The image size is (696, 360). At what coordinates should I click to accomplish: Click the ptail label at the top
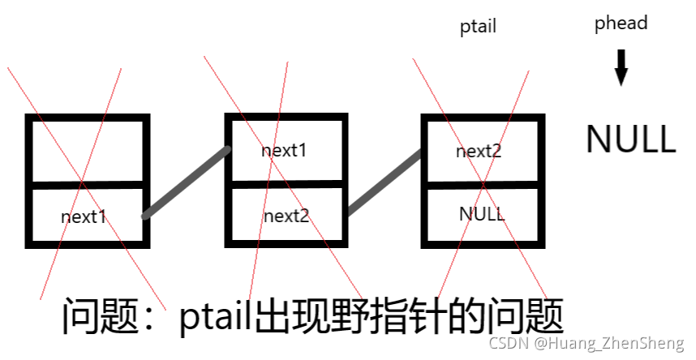[x=478, y=27]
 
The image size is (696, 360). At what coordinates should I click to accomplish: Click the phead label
[x=621, y=23]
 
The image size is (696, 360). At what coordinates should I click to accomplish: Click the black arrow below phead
[x=621, y=67]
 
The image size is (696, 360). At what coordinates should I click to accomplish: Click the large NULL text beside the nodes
[x=630, y=139]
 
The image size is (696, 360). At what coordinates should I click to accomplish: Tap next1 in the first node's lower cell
[x=84, y=216]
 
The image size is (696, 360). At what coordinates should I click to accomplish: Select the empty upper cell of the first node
[x=88, y=151]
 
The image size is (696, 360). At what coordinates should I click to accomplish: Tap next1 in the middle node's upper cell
[x=285, y=151]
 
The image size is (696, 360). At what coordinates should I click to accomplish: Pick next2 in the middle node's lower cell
[x=286, y=216]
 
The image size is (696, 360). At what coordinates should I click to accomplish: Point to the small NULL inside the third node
[x=482, y=214]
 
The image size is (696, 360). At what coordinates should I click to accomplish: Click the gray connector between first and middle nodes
[x=187, y=182]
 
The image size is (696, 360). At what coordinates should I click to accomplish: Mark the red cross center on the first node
[x=81, y=180]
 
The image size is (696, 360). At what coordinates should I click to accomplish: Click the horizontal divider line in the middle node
[x=286, y=184]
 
